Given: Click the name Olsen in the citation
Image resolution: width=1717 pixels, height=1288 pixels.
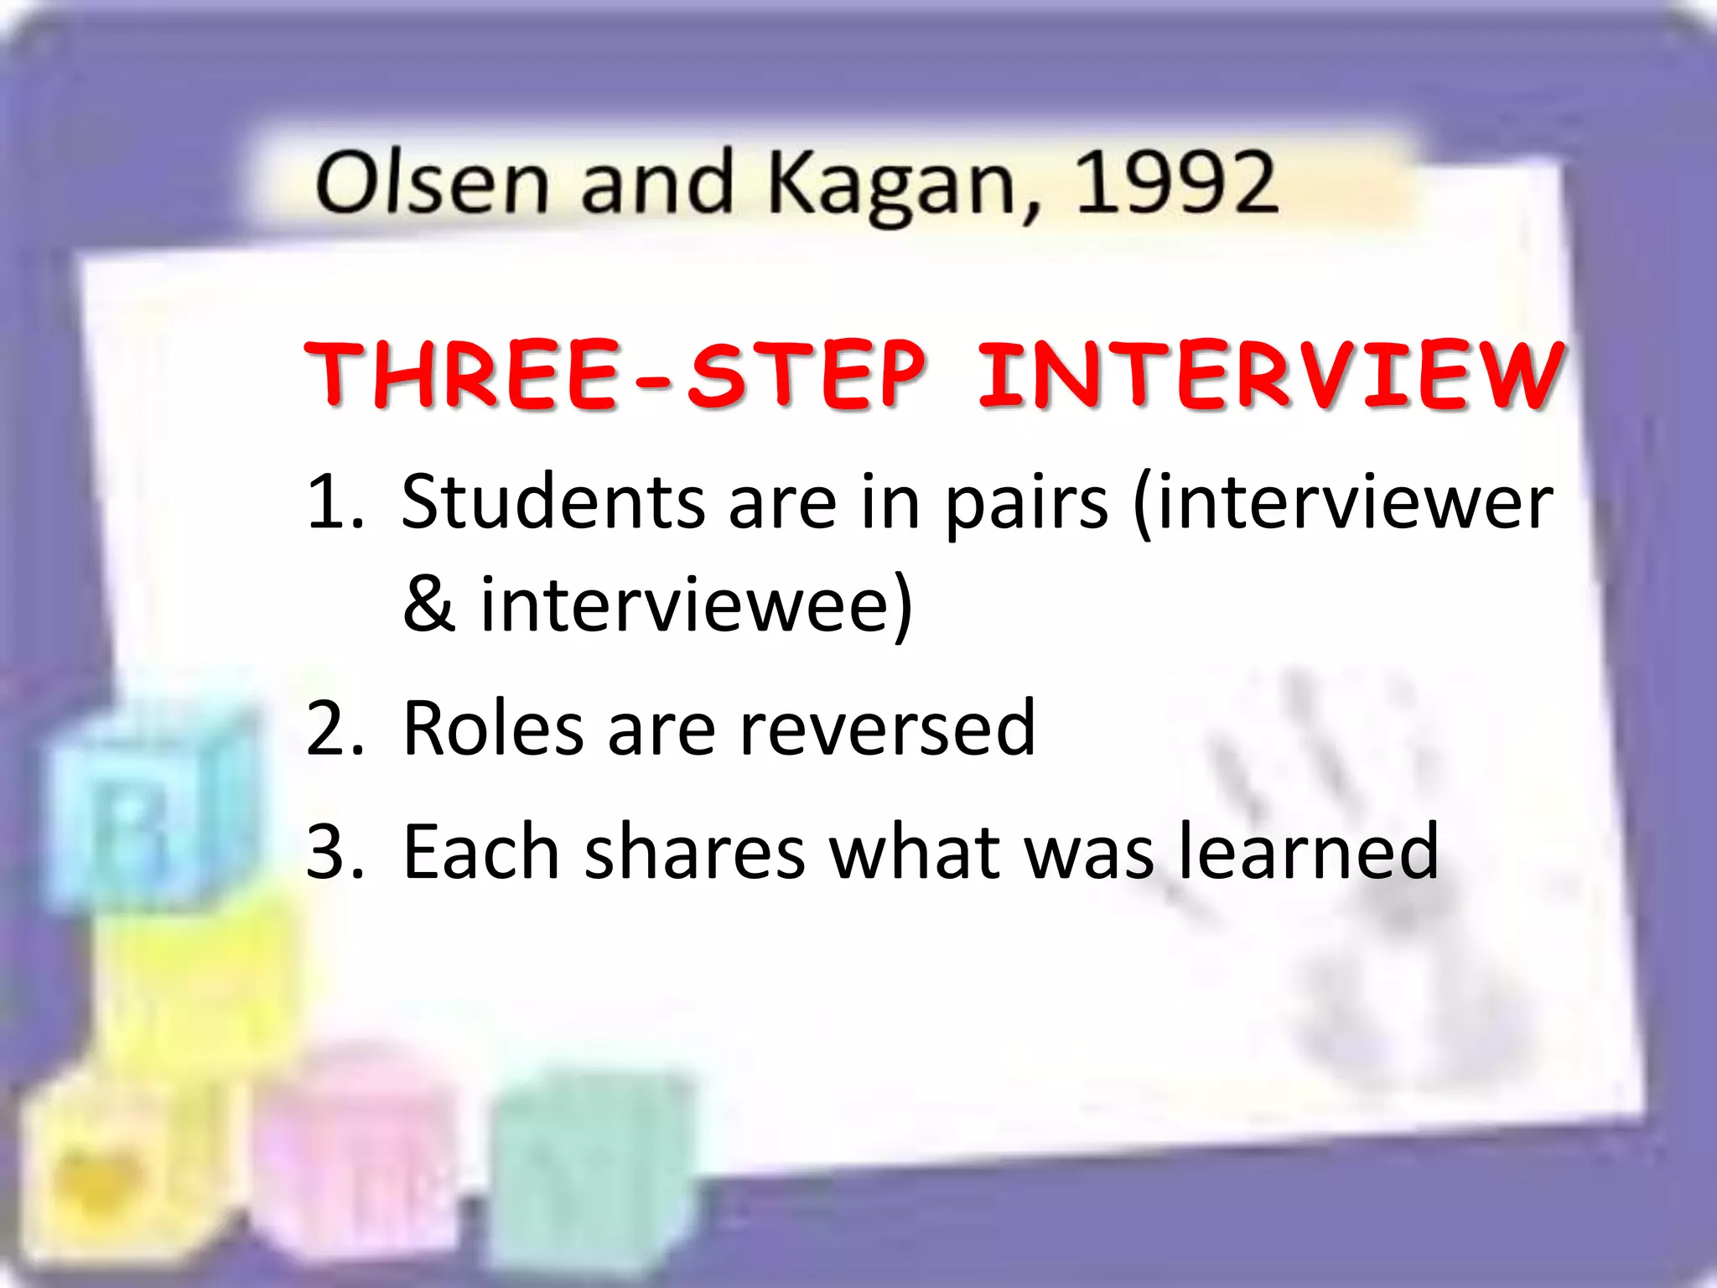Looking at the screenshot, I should click(x=432, y=182).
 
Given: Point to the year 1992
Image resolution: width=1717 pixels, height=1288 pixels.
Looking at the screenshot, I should click(x=1175, y=182).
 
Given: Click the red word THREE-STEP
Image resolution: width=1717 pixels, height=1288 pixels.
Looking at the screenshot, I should click(x=617, y=375).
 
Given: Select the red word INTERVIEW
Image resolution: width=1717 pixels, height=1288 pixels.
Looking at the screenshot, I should click(x=1269, y=375).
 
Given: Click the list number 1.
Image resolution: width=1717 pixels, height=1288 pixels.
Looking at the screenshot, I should click(x=333, y=503).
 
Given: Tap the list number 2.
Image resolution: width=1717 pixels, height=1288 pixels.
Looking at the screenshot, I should click(x=335, y=729).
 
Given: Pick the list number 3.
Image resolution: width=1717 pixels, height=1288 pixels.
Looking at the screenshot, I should click(x=335, y=853).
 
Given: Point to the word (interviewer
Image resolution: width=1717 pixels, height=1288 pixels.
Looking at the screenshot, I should click(x=1342, y=503).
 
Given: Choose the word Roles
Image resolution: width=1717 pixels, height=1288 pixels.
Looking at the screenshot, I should click(x=494, y=728).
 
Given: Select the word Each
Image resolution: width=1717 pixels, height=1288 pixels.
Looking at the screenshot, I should click(x=480, y=852).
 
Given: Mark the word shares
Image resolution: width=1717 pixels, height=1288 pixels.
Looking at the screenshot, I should click(x=694, y=852).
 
